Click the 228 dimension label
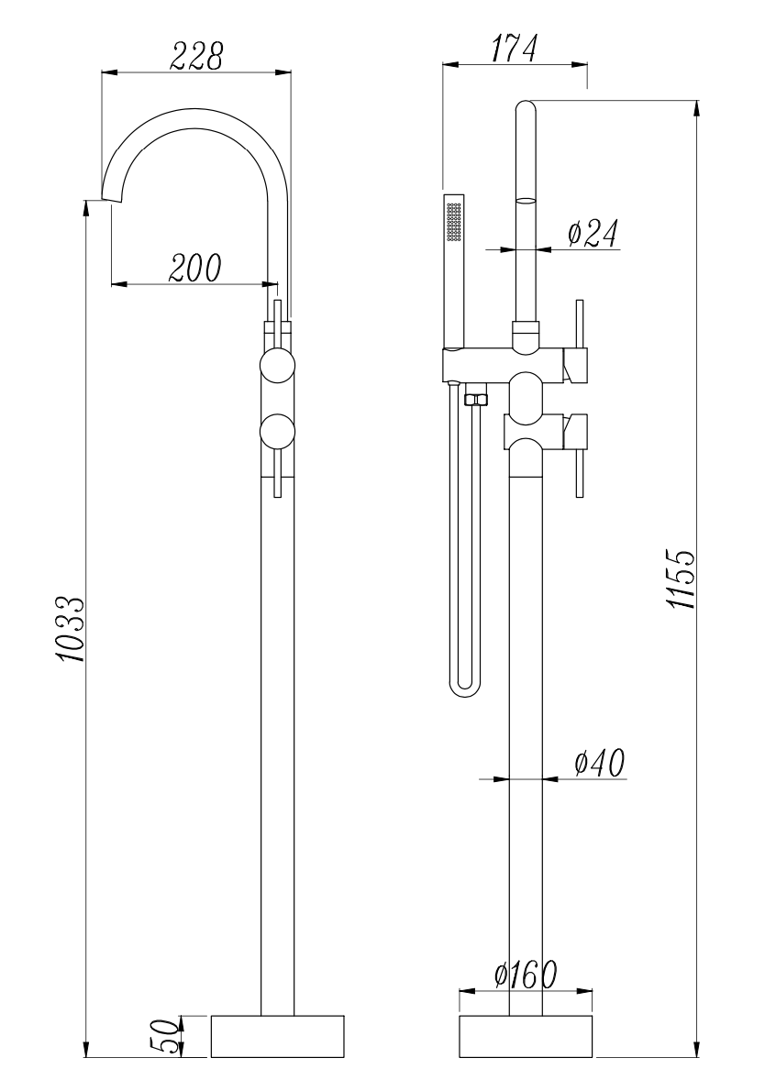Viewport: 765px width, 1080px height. pos(194,57)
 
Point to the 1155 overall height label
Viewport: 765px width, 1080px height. pos(681,579)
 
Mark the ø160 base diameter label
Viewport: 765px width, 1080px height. pos(524,975)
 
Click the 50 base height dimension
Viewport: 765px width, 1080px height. pos(165,1036)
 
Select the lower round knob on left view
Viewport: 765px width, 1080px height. pos(277,430)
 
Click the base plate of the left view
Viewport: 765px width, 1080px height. pos(278,1035)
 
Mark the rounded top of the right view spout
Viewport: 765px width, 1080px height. pos(526,107)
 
